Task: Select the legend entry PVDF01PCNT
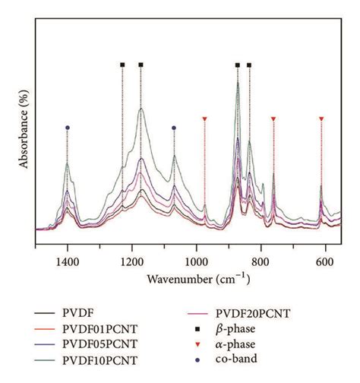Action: click(94, 329)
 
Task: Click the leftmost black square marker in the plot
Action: click(122, 65)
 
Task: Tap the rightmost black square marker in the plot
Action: click(249, 65)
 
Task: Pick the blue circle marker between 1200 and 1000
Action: click(174, 128)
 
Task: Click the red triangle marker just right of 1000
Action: click(204, 119)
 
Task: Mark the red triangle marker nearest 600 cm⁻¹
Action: click(321, 119)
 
